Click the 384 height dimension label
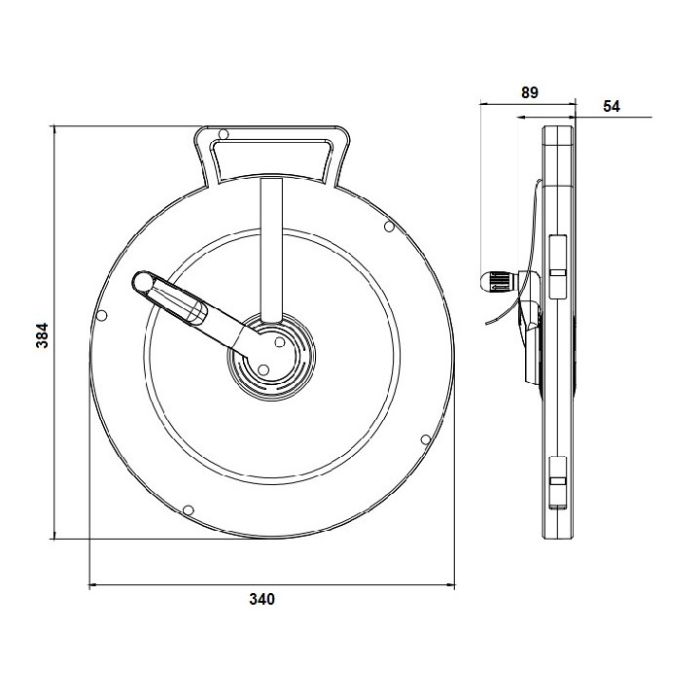pos(42,334)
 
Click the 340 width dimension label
pos(262,599)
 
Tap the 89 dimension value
pos(530,92)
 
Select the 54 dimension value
pos(612,106)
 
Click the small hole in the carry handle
pos(224,134)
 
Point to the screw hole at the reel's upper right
pos(389,227)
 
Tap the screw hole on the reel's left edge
pos(102,316)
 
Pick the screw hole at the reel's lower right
pos(426,439)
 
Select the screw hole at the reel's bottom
pos(189,509)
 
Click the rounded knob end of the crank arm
pos(144,282)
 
